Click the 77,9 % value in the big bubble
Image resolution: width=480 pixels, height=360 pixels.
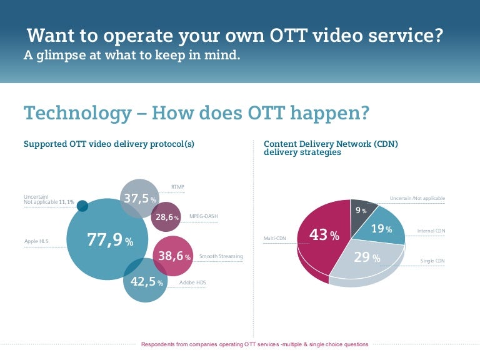(110, 241)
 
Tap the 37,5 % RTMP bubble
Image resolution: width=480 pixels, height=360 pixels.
(139, 199)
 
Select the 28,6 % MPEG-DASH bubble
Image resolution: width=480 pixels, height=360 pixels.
(167, 217)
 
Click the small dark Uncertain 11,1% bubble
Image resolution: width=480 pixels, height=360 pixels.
(82, 206)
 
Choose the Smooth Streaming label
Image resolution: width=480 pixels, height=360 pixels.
(221, 256)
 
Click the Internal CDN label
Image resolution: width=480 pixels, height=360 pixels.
(431, 231)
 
